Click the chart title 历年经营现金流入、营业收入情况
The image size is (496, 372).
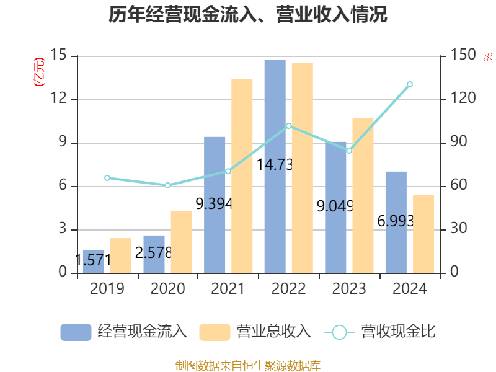point(248,15)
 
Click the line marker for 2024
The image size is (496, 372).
point(409,84)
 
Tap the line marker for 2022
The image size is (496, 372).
point(288,126)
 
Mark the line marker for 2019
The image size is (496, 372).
point(107,178)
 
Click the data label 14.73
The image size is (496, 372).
point(275,165)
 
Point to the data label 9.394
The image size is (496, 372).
point(214,203)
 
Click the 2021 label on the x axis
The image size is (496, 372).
point(228,289)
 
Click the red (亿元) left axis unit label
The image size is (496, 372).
point(39,71)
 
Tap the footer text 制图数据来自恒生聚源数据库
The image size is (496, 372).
point(248,366)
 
